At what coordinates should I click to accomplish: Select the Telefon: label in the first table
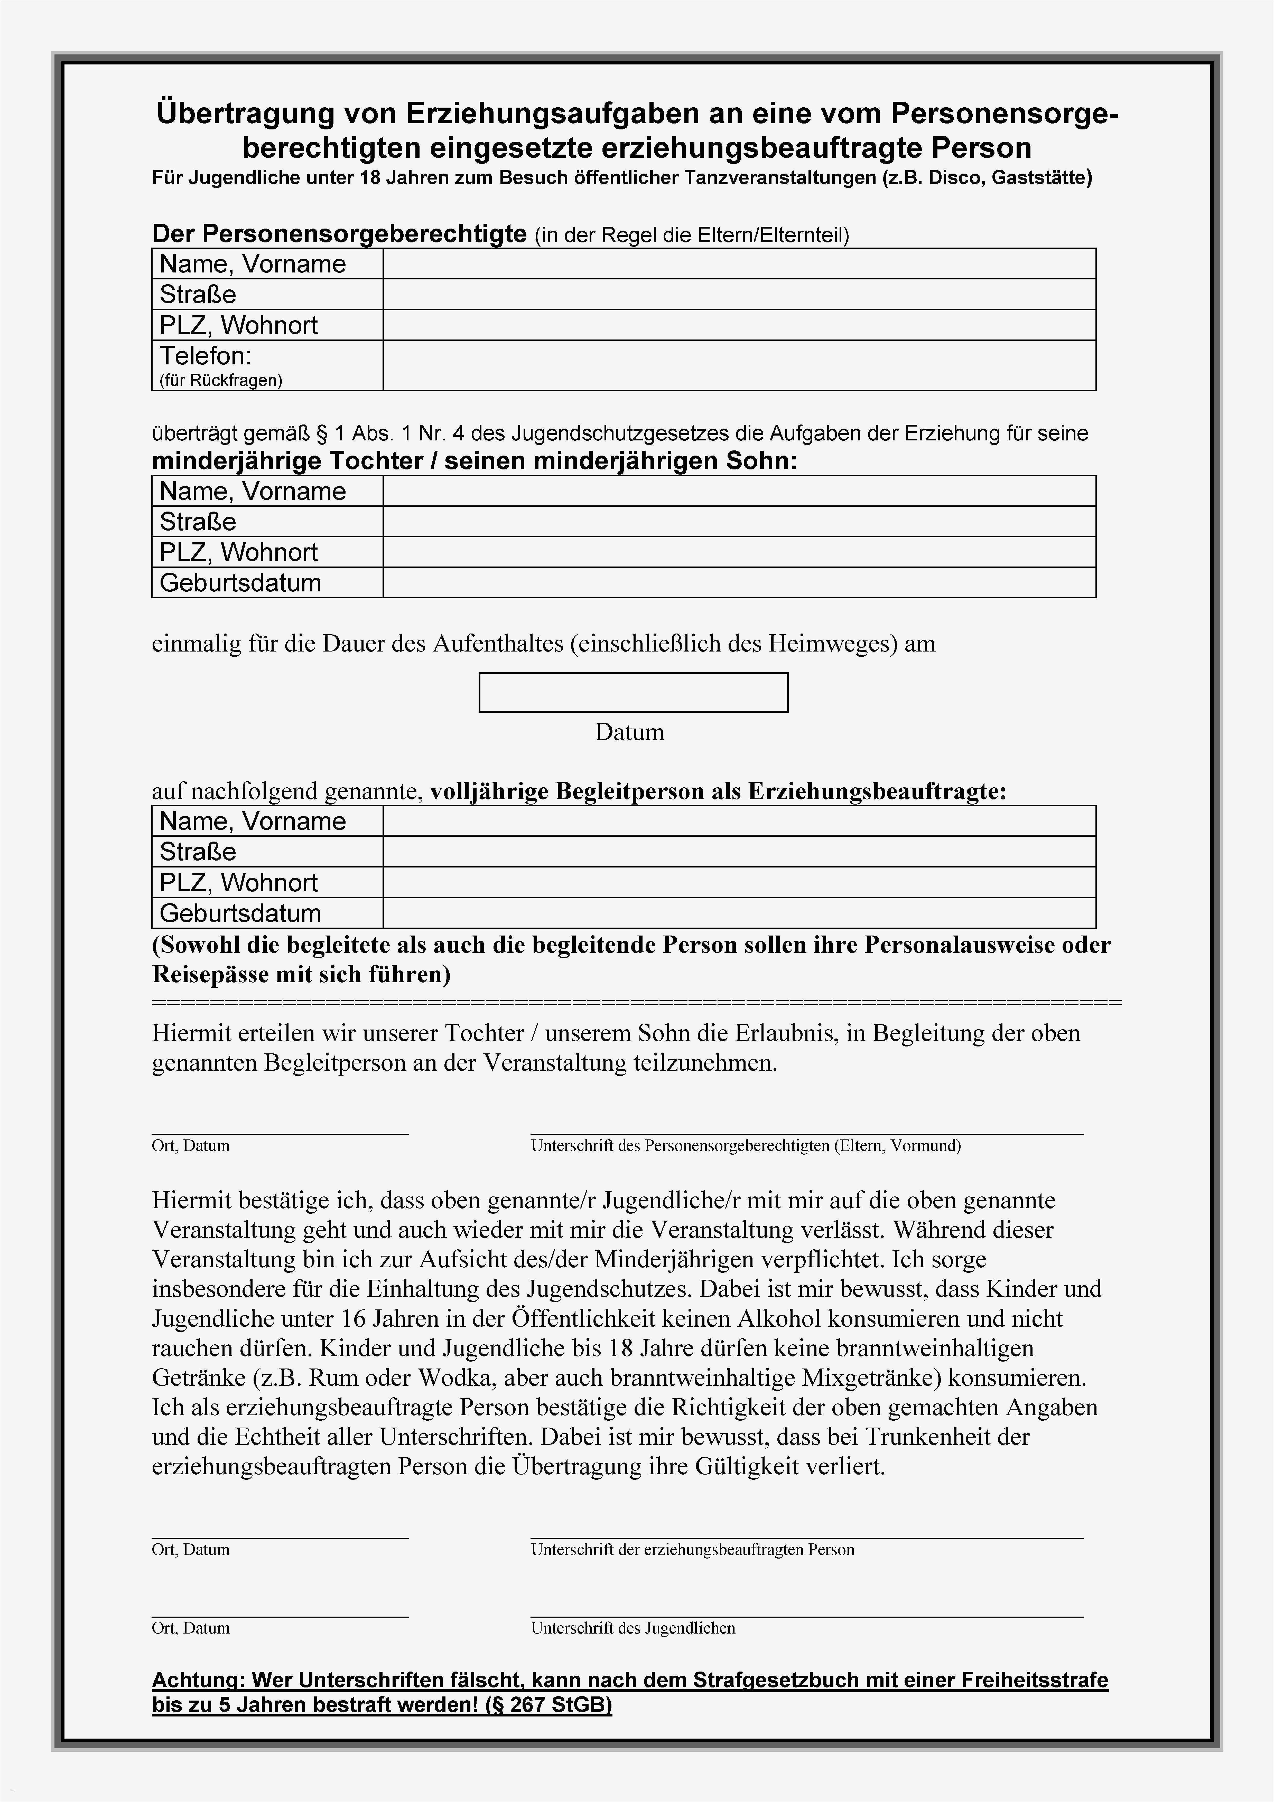pos(206,356)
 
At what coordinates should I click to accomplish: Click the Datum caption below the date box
pos(629,732)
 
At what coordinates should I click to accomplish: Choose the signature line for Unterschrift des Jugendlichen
pos(806,1616)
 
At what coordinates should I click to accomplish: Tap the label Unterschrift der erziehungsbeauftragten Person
pos(692,1549)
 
